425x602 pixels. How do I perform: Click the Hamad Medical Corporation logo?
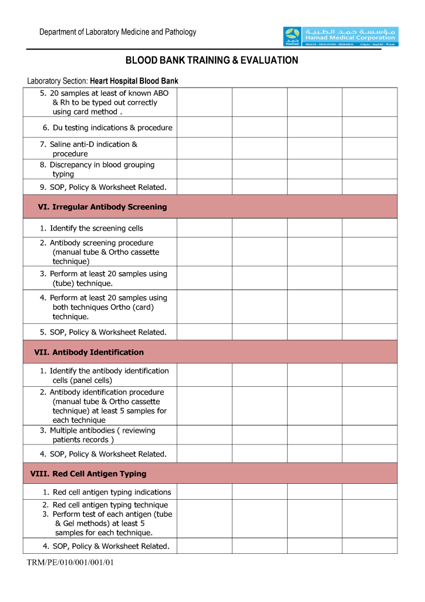pyautogui.click(x=340, y=36)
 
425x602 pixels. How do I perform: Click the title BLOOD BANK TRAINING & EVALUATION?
pyautogui.click(x=212, y=61)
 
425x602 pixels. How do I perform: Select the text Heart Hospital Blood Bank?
pyautogui.click(x=134, y=81)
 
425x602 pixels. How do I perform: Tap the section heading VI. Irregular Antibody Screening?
pyautogui.click(x=102, y=207)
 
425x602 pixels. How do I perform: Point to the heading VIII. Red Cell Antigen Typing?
pyautogui.click(x=88, y=474)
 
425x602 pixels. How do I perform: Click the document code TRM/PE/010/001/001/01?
pyautogui.click(x=70, y=563)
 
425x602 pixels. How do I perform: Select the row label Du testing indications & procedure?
pyautogui.click(x=107, y=128)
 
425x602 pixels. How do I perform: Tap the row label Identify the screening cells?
pyautogui.click(x=92, y=228)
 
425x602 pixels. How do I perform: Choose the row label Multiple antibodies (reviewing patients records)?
pyautogui.click(x=97, y=435)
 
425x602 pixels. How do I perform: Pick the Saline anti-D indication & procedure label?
pyautogui.click(x=89, y=149)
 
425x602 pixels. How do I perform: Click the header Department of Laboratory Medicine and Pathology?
pyautogui.click(x=118, y=32)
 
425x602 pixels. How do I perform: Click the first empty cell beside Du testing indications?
pyautogui.click(x=204, y=128)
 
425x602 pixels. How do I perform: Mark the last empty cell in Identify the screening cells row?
pyautogui.click(x=369, y=228)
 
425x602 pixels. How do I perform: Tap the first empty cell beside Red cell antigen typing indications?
pyautogui.click(x=204, y=492)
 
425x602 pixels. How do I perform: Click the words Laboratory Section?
pyautogui.click(x=58, y=81)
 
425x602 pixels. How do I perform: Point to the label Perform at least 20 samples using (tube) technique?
pyautogui.click(x=103, y=278)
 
